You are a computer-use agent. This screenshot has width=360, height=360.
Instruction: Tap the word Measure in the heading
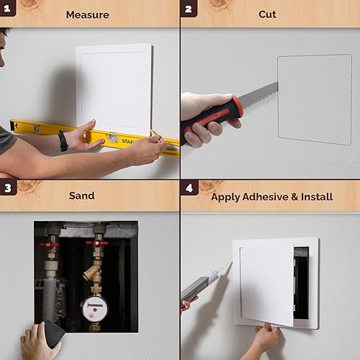point(87,14)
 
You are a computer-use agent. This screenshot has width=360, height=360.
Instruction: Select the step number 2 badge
point(189,9)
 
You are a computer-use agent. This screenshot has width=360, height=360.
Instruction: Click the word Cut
point(267,14)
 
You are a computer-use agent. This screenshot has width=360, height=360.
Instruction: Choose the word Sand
point(81,195)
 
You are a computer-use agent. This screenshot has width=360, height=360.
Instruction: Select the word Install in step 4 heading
point(317,196)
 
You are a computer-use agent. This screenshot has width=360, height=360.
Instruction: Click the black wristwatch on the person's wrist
point(63,140)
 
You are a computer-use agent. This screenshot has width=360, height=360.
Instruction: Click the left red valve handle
point(50,245)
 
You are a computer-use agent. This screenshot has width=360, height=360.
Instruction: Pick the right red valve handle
point(96,243)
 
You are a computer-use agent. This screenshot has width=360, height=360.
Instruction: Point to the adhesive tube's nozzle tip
point(229,264)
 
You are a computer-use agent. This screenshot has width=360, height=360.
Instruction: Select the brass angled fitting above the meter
point(92,272)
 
